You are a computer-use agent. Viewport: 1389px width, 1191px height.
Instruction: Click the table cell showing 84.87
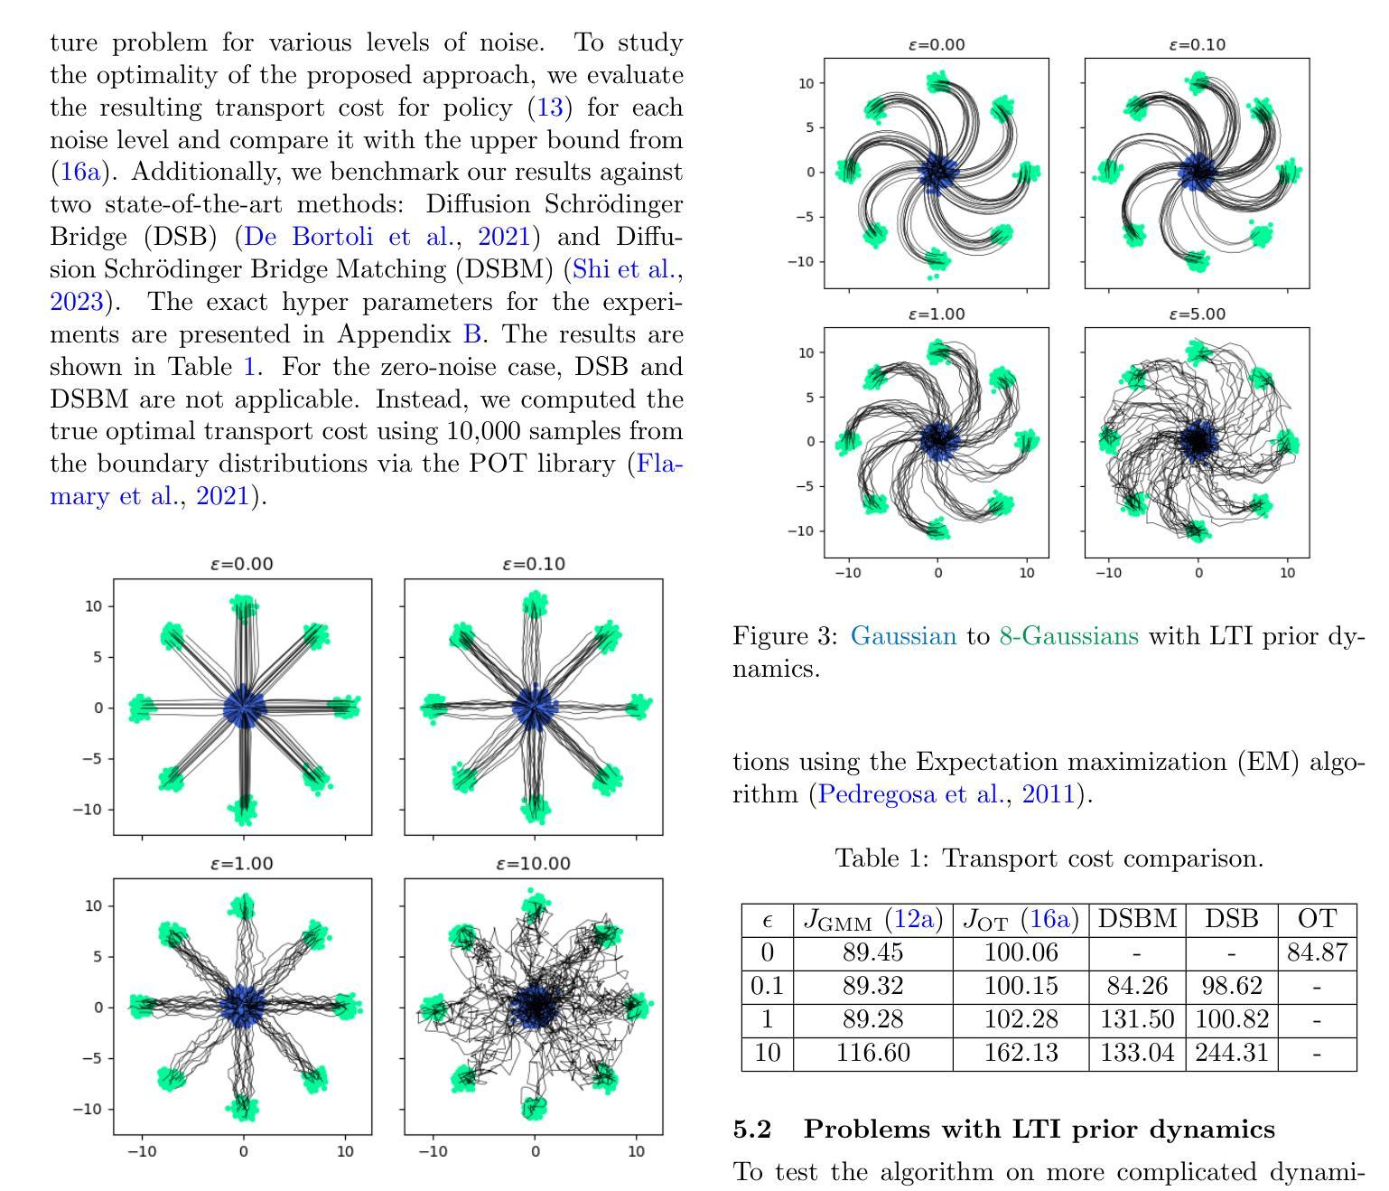[x=1317, y=952]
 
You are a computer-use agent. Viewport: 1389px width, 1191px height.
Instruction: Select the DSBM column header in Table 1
[x=1137, y=918]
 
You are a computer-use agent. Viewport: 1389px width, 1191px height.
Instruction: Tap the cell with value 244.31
[x=1231, y=1052]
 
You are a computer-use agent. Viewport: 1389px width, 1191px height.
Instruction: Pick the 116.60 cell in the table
[x=872, y=1052]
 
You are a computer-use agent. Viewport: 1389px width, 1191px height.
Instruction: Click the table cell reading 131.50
[x=1137, y=1018]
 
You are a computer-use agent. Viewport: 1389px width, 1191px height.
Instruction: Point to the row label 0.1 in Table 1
[x=767, y=985]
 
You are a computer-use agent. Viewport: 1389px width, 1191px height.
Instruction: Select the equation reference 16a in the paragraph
[x=80, y=172]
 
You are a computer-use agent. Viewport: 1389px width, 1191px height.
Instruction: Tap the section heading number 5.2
[x=752, y=1130]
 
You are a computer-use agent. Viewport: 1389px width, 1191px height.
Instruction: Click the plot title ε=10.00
[x=533, y=864]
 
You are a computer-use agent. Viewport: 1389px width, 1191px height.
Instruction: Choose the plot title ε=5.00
[x=1197, y=314]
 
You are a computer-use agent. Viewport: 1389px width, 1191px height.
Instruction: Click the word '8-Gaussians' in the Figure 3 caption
[x=1068, y=635]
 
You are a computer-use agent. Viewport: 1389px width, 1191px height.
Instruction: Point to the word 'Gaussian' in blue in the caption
[x=903, y=635]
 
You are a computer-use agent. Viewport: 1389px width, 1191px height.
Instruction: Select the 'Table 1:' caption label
[x=882, y=858]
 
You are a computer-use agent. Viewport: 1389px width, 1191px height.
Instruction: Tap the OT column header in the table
[x=1317, y=918]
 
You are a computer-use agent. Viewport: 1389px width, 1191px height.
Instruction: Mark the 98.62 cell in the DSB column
[x=1231, y=985]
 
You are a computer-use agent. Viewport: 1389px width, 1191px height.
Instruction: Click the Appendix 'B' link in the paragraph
[x=471, y=334]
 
